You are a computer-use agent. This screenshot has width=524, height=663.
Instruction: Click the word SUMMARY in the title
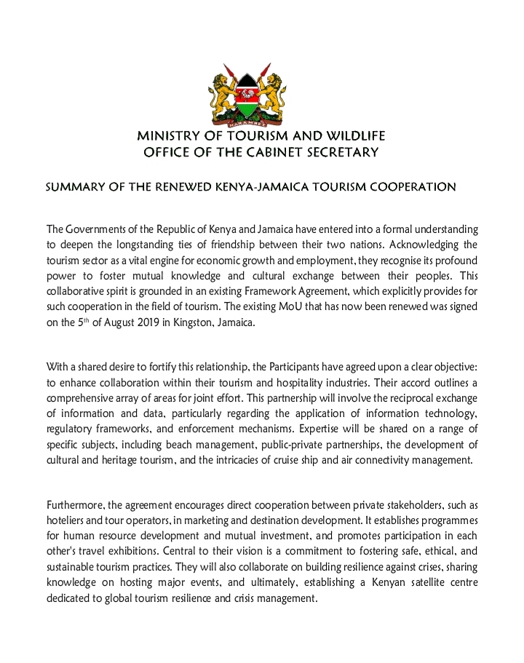(72, 187)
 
